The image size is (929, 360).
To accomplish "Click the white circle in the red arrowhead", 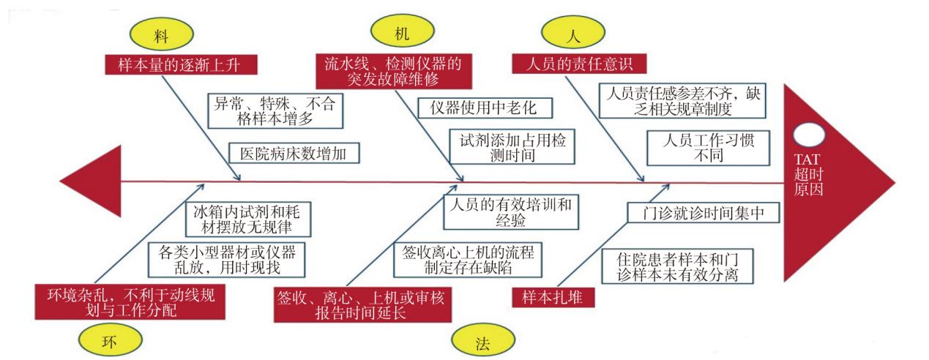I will (809, 135).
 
